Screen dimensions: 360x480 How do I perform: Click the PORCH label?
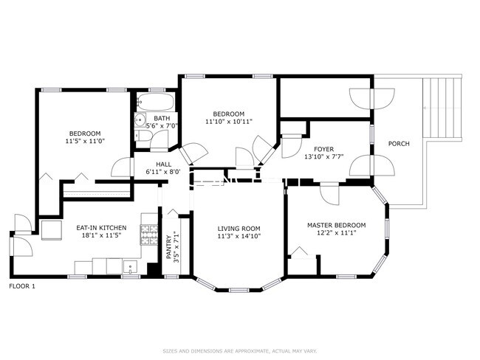tap(399, 144)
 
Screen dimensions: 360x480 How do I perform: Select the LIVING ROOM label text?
tap(239, 228)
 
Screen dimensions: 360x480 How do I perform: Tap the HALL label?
tap(163, 164)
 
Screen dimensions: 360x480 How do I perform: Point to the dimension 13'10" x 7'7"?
tap(324, 156)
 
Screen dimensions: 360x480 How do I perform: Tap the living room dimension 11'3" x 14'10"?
tap(239, 236)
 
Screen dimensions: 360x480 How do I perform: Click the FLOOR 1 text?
tap(21, 285)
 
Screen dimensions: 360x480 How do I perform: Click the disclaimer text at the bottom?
tap(239, 350)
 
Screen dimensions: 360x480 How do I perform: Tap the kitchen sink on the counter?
tap(130, 266)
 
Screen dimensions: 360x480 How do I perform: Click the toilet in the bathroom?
tap(140, 120)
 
